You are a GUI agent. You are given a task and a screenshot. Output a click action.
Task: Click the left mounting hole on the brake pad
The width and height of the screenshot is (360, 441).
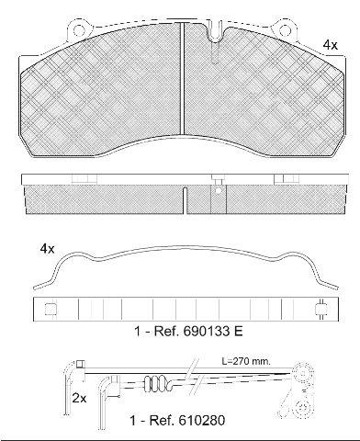(79, 31)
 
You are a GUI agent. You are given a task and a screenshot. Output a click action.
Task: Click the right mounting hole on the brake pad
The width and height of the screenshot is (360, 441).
(285, 31)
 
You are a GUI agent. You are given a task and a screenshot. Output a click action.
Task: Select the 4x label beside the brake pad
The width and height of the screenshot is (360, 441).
(331, 45)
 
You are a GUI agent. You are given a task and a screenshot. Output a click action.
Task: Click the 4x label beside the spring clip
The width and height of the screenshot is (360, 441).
(47, 249)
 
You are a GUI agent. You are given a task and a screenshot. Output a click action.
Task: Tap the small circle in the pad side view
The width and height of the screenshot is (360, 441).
(219, 191)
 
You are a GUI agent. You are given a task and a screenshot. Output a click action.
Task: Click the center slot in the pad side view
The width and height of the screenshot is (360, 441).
(186, 200)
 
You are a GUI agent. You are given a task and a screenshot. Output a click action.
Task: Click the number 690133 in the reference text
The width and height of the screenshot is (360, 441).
(208, 331)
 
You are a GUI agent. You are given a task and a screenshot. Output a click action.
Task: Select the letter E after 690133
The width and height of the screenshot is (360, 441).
(239, 331)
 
